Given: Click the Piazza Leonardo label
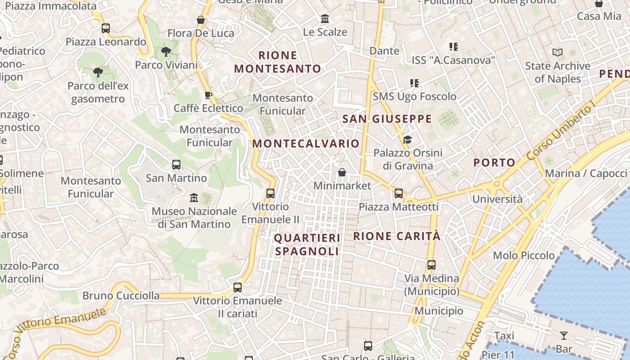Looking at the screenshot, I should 106,42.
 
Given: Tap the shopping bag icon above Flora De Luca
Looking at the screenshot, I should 201,20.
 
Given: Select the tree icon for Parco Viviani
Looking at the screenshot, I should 166,51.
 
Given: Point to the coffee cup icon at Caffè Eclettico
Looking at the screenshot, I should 208,95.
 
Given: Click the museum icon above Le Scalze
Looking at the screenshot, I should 325,19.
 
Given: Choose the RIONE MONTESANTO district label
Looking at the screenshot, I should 278,62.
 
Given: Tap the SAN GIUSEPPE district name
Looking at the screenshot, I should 387,119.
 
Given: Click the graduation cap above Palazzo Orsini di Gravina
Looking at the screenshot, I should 407,140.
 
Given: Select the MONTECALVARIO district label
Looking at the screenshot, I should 306,144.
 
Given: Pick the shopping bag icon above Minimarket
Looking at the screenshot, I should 342,172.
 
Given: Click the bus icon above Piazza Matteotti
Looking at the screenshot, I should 398,193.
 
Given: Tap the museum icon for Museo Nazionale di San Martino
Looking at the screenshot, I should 194,198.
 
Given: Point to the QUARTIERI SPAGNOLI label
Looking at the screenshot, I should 307,244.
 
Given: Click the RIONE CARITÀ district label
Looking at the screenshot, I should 397,236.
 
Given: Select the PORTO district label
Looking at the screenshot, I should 494,163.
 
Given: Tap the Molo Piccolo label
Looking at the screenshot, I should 524,256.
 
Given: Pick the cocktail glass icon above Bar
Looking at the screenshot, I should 563,335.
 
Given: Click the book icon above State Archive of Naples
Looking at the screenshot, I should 558,53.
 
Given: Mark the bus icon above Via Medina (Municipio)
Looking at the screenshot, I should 431,265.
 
